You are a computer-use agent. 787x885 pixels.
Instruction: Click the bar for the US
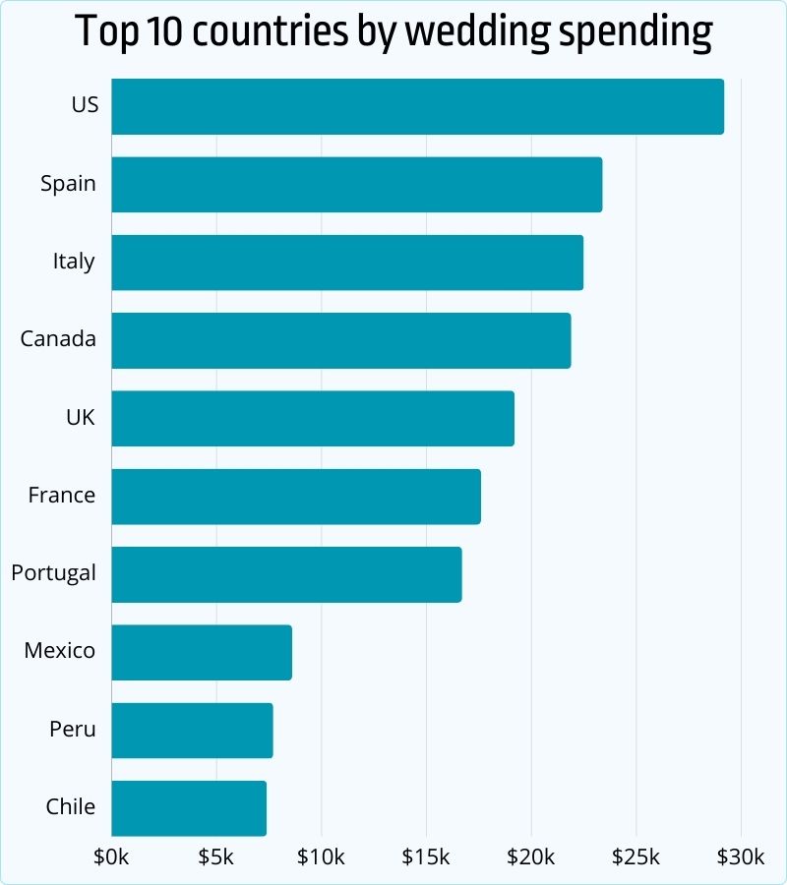pos(417,106)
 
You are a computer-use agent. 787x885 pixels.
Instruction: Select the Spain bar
pos(356,184)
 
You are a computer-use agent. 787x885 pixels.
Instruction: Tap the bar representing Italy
pos(347,262)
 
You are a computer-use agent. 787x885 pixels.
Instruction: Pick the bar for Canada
pos(340,340)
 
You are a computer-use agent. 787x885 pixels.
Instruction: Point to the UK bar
pos(313,418)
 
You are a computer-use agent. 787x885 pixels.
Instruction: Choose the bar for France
pos(296,496)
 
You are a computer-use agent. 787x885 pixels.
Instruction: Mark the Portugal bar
pos(286,574)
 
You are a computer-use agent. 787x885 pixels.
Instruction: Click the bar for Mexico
pos(202,652)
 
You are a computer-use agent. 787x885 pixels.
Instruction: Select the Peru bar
pos(192,730)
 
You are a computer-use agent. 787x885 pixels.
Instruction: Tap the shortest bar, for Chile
pos(189,808)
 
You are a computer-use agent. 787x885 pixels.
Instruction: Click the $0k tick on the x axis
pos(111,857)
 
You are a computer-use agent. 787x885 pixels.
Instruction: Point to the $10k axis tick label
pos(321,857)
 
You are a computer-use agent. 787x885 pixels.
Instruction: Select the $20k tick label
pos(531,857)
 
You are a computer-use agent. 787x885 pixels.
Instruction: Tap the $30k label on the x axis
pos(741,857)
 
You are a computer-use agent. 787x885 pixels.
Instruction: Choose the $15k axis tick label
pos(426,857)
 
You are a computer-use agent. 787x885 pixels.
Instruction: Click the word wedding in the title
pos(476,33)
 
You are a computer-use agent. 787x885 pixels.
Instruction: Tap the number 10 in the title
pos(169,33)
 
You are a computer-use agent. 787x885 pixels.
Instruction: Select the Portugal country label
pos(54,573)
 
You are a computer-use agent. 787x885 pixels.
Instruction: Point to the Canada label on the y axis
pos(58,339)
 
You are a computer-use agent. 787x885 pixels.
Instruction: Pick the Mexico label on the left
pos(59,651)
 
